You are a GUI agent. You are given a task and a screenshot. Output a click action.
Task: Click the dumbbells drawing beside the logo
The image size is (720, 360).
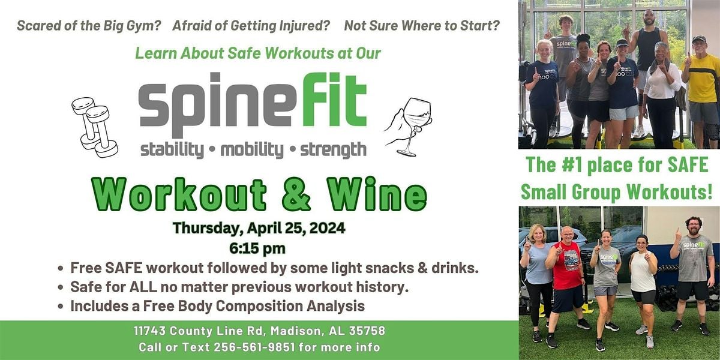[95, 127]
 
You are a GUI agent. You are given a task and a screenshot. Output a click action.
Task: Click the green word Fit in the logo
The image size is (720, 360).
[335, 100]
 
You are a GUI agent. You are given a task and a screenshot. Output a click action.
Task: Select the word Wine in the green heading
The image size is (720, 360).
[377, 194]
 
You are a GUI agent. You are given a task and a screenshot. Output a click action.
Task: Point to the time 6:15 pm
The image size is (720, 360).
[257, 248]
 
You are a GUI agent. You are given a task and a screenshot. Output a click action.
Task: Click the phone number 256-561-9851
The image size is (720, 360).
[254, 347]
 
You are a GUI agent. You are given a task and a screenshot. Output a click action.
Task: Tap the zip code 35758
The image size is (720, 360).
[367, 331]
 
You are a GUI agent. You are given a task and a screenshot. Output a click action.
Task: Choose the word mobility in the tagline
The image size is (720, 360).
[252, 150]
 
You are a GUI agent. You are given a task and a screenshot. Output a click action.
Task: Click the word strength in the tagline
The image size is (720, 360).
[333, 150]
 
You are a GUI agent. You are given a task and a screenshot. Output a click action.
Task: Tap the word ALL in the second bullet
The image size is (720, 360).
[143, 287]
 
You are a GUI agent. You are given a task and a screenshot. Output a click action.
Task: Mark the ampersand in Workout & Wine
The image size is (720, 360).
[296, 194]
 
